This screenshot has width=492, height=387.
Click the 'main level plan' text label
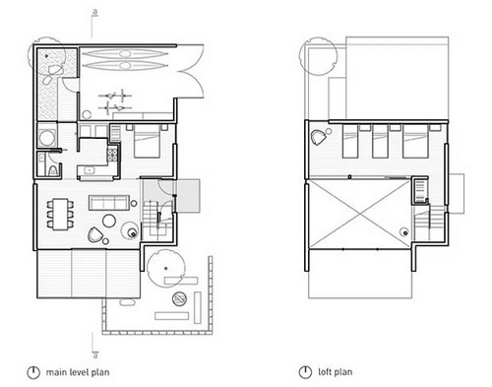click(78, 372)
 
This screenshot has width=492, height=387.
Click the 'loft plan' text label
click(336, 372)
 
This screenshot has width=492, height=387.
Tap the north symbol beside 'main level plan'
click(33, 372)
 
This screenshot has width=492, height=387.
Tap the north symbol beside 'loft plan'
click(305, 372)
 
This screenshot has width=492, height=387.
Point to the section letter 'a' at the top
click(95, 12)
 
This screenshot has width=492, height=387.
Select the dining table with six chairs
click(60, 215)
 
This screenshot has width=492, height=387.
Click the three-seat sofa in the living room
click(108, 203)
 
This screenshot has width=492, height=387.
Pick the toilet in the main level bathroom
click(53, 170)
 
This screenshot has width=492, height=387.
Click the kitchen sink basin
click(89, 170)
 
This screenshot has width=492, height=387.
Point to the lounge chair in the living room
click(94, 234)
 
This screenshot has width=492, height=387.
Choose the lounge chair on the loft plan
click(318, 138)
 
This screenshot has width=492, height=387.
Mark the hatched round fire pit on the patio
click(180, 298)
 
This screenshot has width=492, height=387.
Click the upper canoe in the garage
click(124, 53)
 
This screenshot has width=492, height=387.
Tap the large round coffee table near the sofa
click(109, 221)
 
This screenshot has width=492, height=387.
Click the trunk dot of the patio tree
click(166, 268)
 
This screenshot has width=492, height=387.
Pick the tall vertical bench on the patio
click(198, 307)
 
